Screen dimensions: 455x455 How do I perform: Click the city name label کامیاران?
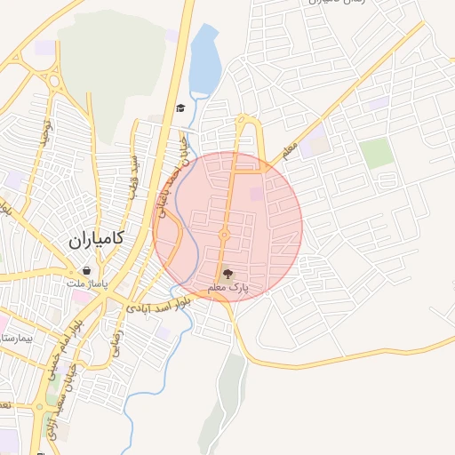(94, 240)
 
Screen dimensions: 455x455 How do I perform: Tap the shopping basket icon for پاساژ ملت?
(85, 270)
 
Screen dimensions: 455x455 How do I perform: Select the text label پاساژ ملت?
(87, 283)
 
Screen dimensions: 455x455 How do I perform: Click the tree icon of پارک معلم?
(228, 274)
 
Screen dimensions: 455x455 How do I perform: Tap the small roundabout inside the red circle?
(225, 235)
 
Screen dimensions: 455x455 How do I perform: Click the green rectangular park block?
(377, 153)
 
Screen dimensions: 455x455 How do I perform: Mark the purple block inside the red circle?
(256, 194)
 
